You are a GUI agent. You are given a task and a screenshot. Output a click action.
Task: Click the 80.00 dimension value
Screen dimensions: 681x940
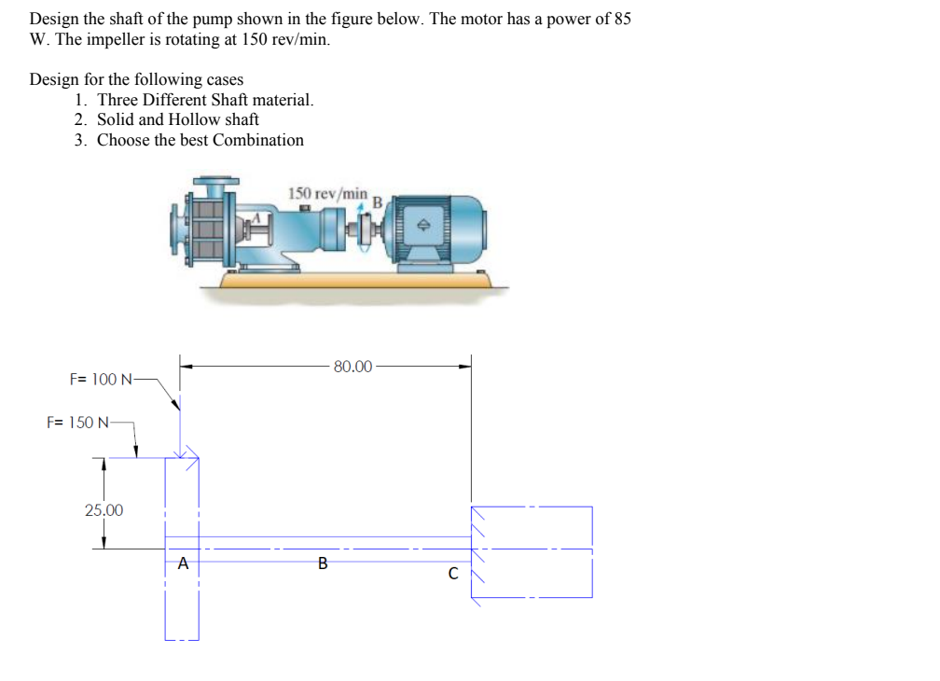pos(352,367)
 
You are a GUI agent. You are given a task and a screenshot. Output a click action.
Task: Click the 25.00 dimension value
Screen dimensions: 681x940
pos(104,510)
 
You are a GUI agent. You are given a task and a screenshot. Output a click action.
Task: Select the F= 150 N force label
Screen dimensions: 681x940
pos(78,423)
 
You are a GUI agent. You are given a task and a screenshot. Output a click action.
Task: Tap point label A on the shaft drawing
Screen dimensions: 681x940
pos(183,563)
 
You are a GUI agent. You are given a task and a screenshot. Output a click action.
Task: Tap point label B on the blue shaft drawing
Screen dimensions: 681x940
pos(323,563)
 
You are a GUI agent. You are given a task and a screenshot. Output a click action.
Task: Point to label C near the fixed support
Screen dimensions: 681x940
pos(453,574)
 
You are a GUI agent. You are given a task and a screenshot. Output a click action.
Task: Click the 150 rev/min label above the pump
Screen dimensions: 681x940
pos(327,193)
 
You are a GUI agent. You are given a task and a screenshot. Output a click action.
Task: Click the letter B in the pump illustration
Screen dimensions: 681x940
pos(378,202)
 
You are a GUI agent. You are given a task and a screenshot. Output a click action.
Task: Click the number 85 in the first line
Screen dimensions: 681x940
pos(622,19)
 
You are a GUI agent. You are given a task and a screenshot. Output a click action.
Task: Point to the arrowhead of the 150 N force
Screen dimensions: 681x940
pos(137,452)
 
